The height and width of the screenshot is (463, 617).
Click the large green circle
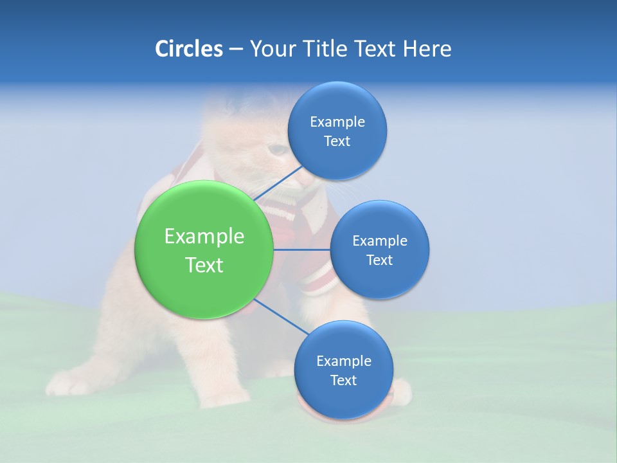(x=204, y=250)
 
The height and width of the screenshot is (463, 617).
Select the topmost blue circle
(x=337, y=131)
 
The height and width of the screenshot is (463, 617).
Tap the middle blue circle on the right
(x=379, y=250)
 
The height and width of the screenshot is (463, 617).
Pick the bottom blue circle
(x=343, y=370)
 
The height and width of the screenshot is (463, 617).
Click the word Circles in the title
(x=189, y=49)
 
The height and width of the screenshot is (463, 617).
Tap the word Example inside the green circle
(x=204, y=237)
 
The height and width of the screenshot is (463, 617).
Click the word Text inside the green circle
(x=204, y=265)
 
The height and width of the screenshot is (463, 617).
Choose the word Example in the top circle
(x=337, y=122)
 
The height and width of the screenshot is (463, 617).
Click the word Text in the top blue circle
(x=337, y=141)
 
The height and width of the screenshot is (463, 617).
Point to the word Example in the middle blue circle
(x=380, y=241)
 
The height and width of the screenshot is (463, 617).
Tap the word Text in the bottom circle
(x=343, y=380)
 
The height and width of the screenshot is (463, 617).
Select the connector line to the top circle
(x=279, y=183)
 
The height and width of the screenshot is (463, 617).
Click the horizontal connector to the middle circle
(x=301, y=250)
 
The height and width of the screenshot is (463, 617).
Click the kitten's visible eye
(x=278, y=149)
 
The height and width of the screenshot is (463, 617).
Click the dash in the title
(x=236, y=50)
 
